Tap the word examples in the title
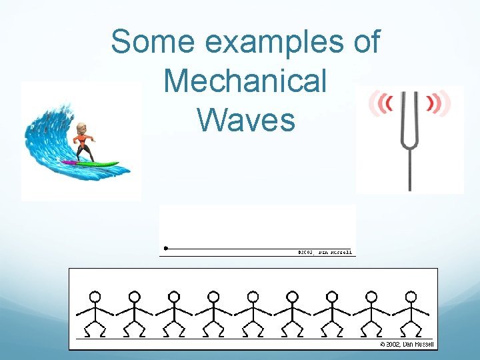pyautogui.click(x=276, y=43)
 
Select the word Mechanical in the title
pyautogui.click(x=245, y=81)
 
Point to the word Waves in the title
pyautogui.click(x=246, y=120)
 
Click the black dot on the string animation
pyautogui.click(x=165, y=249)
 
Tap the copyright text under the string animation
pyautogui.click(x=325, y=252)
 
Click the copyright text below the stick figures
pyautogui.click(x=407, y=344)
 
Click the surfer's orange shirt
pyautogui.click(x=84, y=141)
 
